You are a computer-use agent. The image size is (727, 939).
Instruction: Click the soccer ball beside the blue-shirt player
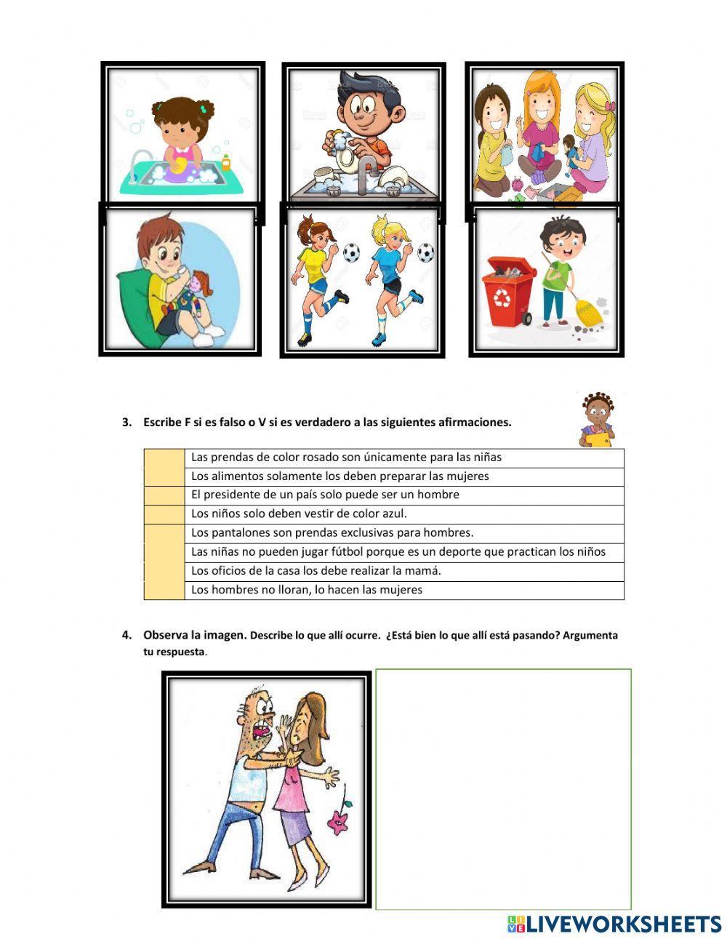pos(425,253)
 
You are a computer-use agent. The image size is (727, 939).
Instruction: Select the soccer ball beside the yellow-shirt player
pos(350,252)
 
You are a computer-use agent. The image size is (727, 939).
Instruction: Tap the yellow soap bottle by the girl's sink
pos(226,161)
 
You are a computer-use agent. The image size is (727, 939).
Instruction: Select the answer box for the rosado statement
pos(164,457)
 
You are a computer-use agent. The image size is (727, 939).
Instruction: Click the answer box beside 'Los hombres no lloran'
pos(164,590)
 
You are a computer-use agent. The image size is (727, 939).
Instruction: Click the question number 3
pos(126,422)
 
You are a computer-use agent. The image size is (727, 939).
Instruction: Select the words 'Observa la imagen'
pos(195,635)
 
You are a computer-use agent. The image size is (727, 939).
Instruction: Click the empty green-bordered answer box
pos(503,789)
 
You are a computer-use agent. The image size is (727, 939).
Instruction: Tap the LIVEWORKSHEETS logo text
pos(622,924)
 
